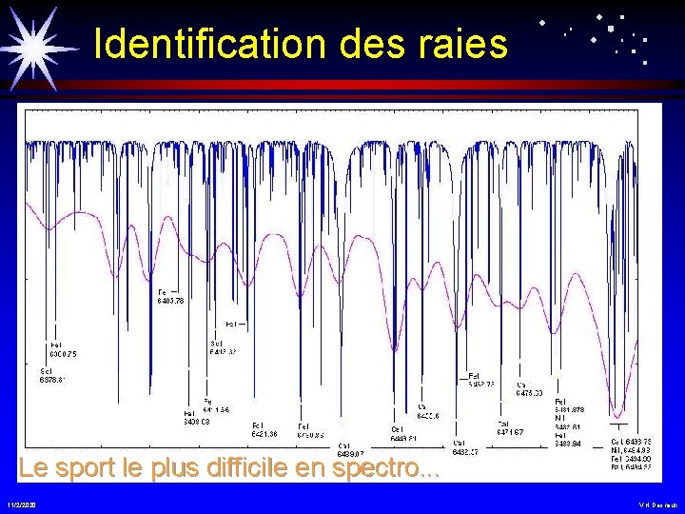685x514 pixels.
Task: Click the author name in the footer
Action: click(658, 503)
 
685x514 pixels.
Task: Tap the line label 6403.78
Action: click(170, 300)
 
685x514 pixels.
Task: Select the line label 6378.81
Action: click(52, 379)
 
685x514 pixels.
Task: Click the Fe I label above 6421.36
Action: click(258, 425)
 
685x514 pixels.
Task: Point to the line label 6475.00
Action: click(529, 392)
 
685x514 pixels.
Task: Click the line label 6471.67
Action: click(510, 433)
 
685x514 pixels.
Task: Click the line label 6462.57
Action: click(464, 451)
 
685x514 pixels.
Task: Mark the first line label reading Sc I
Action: click(46, 370)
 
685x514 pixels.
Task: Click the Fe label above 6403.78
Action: click(162, 291)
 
